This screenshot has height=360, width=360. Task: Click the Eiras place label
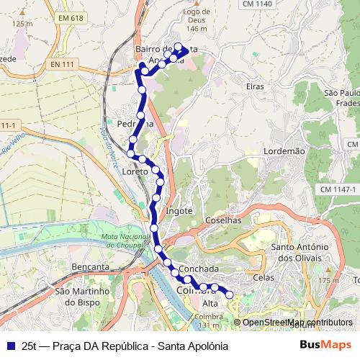254,86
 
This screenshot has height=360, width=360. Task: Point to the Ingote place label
179,211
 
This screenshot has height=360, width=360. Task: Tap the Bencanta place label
90,266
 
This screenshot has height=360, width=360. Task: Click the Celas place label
264,276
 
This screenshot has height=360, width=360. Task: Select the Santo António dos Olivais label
301,252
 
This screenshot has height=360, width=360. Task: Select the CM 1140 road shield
257,4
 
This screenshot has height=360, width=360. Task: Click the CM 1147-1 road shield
338,189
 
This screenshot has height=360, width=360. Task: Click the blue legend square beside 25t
10,345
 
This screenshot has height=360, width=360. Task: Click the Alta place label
210,303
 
